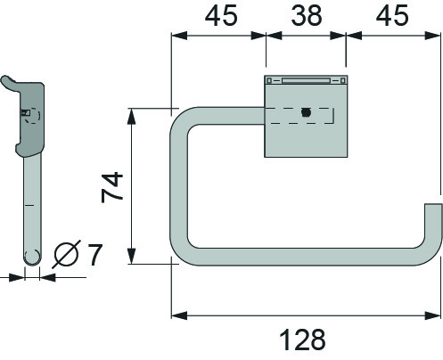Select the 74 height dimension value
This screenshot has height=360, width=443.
point(111,187)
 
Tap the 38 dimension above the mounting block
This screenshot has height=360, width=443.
point(306,15)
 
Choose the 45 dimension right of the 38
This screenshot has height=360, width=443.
point(392,15)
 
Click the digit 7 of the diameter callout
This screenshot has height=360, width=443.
point(94,255)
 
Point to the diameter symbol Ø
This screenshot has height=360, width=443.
point(68,256)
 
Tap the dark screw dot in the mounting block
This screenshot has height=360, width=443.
point(305,113)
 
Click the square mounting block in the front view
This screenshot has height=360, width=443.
point(305,134)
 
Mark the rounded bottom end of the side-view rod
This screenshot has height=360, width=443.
point(32,258)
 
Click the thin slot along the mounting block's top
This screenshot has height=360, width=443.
point(305,79)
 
